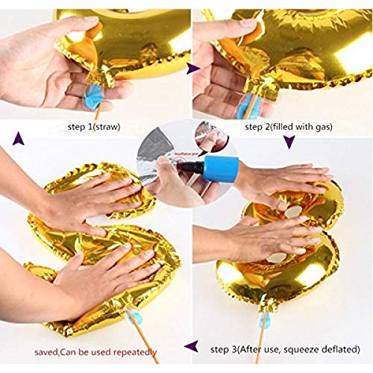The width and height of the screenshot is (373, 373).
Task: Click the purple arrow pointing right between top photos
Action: click(x=192, y=69)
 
